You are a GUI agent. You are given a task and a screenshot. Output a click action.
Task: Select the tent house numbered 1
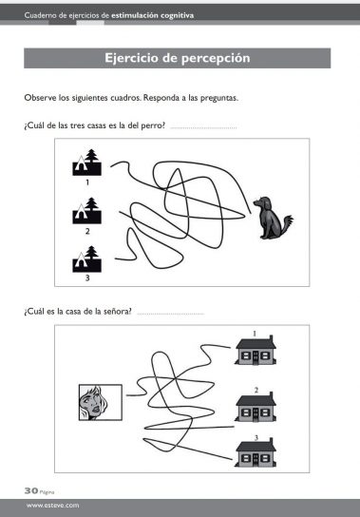tap(87, 163)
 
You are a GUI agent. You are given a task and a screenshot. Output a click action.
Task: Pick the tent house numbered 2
tap(87, 211)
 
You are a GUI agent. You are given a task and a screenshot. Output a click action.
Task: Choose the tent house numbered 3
tap(87, 258)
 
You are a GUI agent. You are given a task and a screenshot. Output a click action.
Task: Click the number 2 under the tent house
tap(87, 232)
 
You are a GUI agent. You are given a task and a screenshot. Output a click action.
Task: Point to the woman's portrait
tap(101, 402)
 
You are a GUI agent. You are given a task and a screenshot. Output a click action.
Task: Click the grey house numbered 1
tap(256, 350)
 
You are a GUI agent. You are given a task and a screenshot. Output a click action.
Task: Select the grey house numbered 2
tap(256, 407)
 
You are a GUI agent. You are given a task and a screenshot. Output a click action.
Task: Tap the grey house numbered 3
tap(256, 452)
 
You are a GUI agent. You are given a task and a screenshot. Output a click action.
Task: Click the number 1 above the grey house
tap(255, 334)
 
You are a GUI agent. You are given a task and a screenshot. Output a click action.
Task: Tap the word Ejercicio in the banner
tap(131, 58)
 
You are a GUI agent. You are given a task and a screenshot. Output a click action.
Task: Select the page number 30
tap(31, 490)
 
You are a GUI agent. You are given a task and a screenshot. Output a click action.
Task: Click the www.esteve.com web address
tap(53, 506)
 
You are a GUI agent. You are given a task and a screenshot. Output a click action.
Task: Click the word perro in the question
tap(153, 126)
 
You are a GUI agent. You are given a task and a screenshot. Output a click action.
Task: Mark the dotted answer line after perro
tap(203, 127)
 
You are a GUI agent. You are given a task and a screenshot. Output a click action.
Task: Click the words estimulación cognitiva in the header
tap(152, 15)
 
